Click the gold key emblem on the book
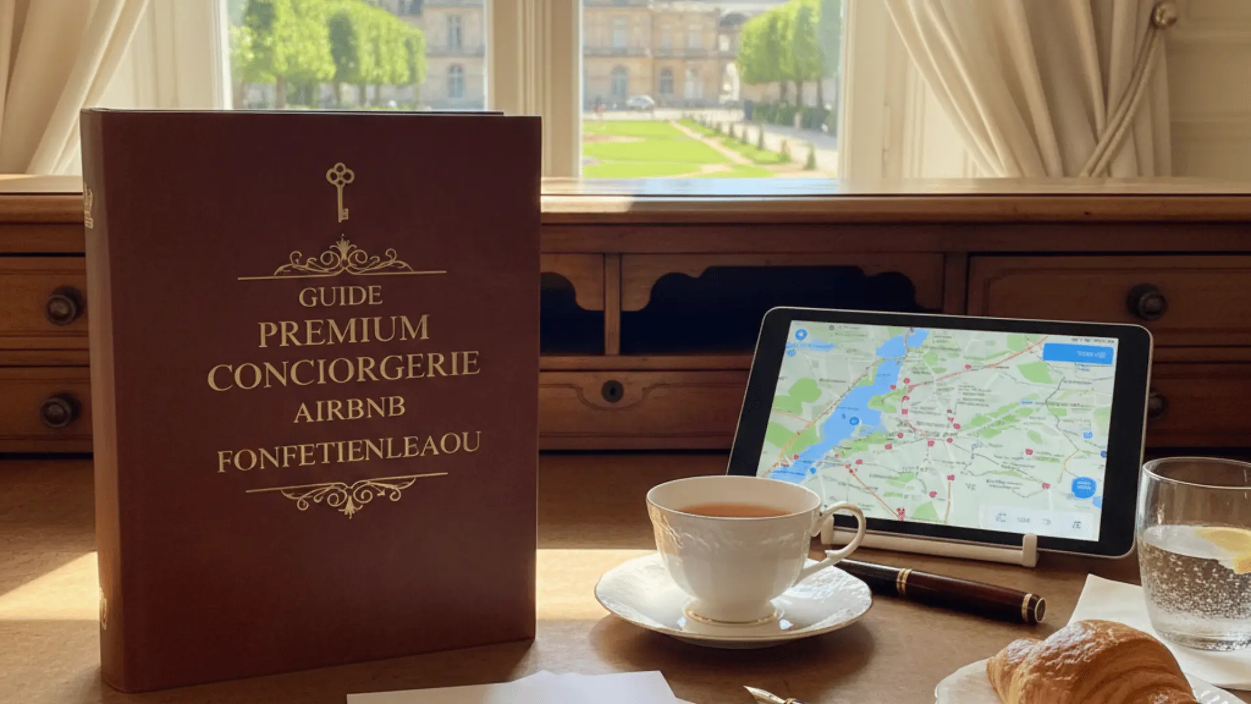(x=340, y=190)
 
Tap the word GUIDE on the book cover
(x=340, y=297)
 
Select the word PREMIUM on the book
(x=343, y=331)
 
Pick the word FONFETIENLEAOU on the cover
(x=349, y=451)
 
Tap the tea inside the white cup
(x=735, y=510)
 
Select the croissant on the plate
(x=1088, y=665)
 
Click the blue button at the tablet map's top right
(x=1078, y=354)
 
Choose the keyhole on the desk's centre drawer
(x=612, y=390)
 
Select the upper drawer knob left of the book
(x=63, y=305)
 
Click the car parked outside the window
(x=640, y=102)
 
